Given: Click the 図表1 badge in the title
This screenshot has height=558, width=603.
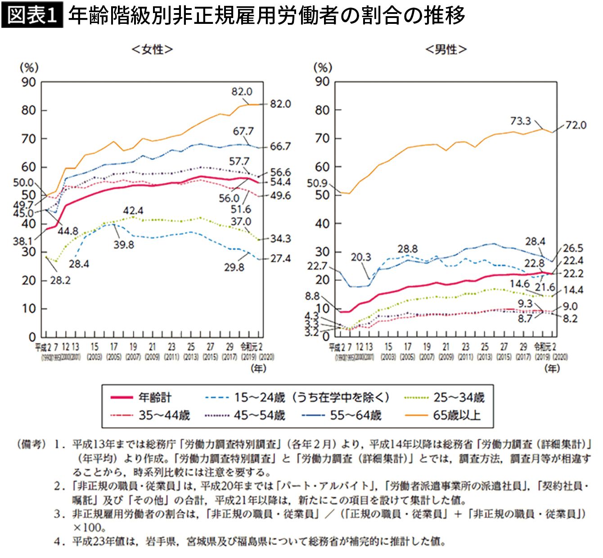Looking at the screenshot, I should point(32,16).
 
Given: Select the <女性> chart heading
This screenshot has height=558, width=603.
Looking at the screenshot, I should point(152,49).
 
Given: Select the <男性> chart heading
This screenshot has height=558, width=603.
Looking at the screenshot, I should point(445,49).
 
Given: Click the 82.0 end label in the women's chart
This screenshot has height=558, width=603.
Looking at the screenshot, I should point(280,104).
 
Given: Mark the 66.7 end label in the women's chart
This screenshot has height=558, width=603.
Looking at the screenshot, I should point(280,147).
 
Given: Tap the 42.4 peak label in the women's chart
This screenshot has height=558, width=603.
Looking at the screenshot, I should point(133,211).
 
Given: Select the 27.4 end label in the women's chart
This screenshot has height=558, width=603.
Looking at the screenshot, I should point(280,259).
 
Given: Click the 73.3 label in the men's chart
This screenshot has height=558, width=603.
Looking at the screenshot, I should point(520,121).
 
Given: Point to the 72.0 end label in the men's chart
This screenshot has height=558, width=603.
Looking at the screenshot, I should point(576,125).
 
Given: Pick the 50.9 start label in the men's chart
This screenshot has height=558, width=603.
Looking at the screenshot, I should point(318,183).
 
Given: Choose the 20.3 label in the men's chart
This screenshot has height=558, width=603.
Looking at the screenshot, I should point(361,257).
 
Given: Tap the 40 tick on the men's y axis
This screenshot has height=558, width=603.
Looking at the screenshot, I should point(322,224).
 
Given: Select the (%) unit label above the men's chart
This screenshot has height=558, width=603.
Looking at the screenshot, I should point(322,68).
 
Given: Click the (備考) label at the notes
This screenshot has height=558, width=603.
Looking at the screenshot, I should point(31,445).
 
